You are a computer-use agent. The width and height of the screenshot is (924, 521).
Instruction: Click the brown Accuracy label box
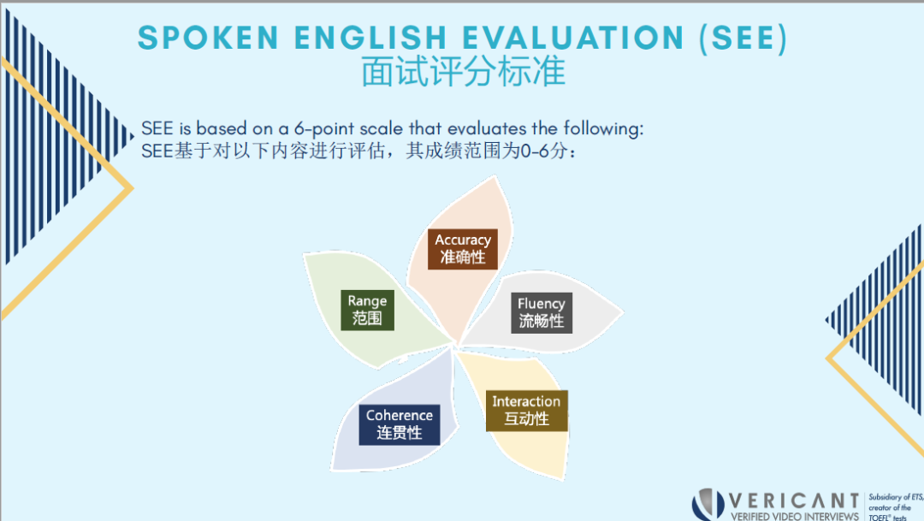(463, 249)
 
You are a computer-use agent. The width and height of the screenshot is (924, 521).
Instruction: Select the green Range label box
(367, 310)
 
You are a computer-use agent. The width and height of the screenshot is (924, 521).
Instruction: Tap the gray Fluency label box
(541, 313)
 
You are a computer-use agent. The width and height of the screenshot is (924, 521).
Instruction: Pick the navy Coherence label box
(400, 424)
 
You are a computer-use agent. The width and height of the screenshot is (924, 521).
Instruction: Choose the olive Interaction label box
(527, 411)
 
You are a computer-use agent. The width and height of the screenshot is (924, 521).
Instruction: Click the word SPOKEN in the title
(208, 38)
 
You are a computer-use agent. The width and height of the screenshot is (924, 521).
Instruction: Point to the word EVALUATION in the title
(572, 38)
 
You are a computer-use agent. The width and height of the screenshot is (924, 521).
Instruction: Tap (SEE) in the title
(743, 38)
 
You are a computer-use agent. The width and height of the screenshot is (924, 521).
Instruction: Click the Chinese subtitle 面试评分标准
(463, 72)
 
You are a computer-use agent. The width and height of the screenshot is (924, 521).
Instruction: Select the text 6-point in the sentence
(323, 129)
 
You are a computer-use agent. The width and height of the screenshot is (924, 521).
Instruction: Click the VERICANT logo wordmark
(794, 501)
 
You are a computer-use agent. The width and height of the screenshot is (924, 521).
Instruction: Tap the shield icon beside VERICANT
(708, 505)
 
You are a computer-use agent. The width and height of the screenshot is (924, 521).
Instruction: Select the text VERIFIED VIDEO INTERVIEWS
(794, 516)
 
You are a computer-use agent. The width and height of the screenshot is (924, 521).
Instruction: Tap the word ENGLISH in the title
(370, 38)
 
